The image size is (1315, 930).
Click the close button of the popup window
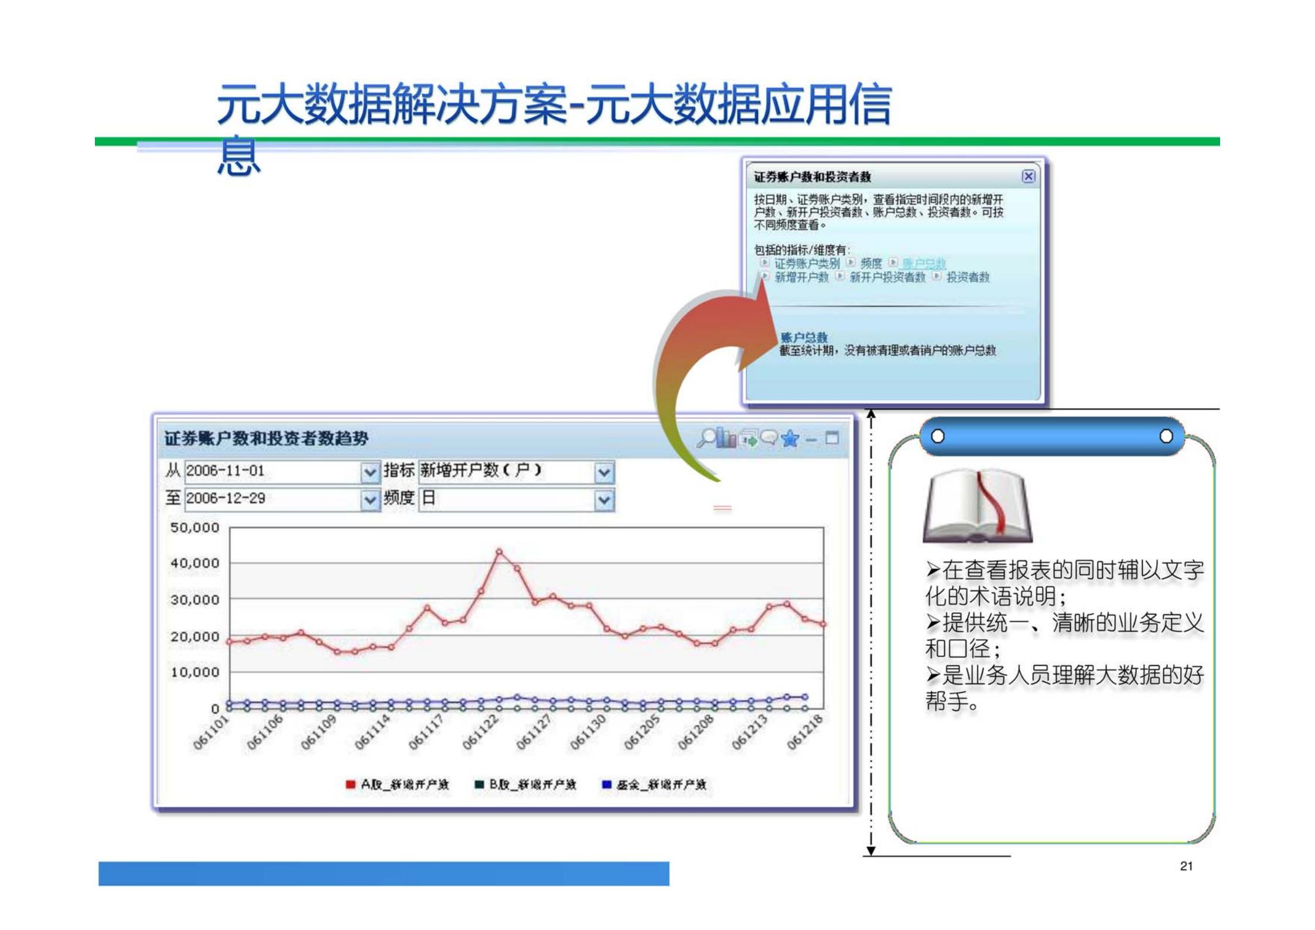click(x=1028, y=176)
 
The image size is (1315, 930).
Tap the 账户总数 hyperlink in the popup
click(x=924, y=264)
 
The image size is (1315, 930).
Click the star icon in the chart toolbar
click(x=790, y=438)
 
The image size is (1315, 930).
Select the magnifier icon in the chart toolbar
click(x=707, y=437)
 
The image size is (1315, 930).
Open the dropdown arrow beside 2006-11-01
click(x=370, y=472)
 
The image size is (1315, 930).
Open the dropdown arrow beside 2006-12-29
click(x=370, y=500)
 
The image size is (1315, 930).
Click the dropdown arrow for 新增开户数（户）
click(x=604, y=472)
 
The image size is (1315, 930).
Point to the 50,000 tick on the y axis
click(x=194, y=527)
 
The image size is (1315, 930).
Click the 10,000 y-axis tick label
click(x=194, y=672)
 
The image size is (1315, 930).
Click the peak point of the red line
click(x=499, y=551)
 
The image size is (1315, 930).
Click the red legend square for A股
click(x=350, y=785)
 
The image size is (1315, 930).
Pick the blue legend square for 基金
click(x=607, y=785)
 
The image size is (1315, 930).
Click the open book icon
click(x=978, y=505)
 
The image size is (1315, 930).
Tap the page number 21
click(x=1186, y=866)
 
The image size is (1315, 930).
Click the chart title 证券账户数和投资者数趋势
click(x=267, y=439)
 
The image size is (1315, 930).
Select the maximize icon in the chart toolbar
click(x=832, y=438)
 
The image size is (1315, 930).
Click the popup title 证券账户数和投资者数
click(x=812, y=177)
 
